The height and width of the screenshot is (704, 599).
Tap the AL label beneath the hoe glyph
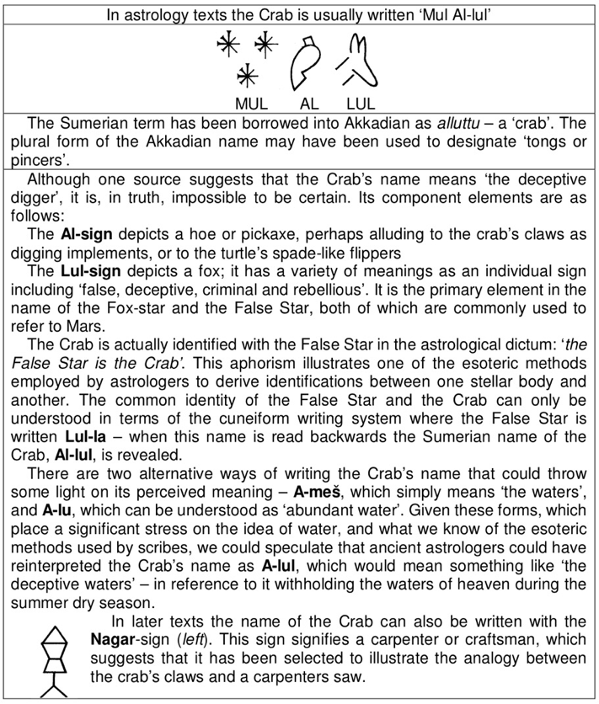point(309,105)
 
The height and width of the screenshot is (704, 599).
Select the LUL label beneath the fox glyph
point(360,105)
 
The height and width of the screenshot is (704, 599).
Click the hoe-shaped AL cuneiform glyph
point(308,63)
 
